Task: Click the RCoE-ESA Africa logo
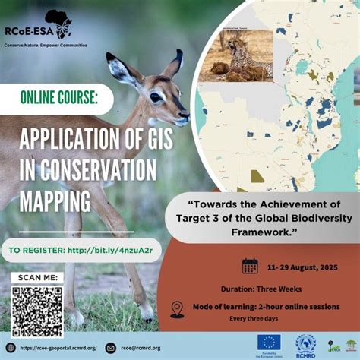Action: tap(58, 24)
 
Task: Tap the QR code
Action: tap(36, 311)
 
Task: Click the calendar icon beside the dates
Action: tap(250, 266)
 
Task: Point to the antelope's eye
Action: tap(156, 97)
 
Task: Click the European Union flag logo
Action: tap(268, 343)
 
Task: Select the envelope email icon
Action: tap(111, 348)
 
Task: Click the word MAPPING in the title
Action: tap(55, 201)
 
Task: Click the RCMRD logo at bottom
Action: tap(305, 343)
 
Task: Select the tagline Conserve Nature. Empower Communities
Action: tap(46, 45)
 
